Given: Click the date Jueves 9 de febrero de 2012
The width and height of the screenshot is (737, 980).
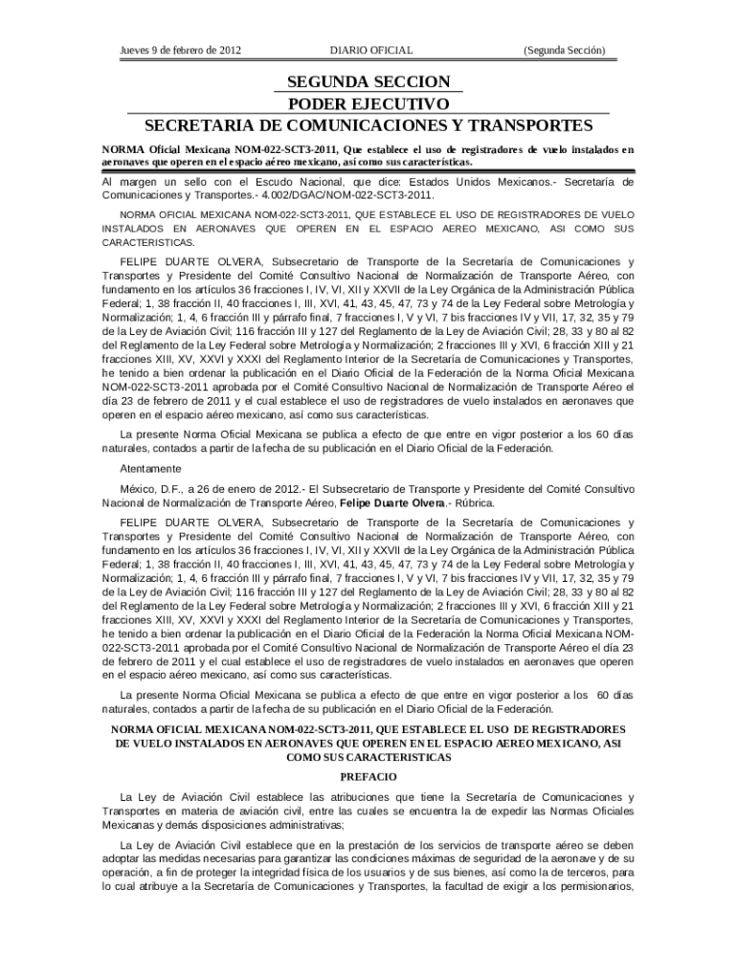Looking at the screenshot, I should pos(180,50).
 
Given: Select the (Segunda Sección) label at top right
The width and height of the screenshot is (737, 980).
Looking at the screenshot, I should pos(564,50).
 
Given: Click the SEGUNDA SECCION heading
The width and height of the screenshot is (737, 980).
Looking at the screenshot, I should pos(368,83).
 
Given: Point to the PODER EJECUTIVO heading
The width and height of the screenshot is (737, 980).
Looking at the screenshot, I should pos(368,104).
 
